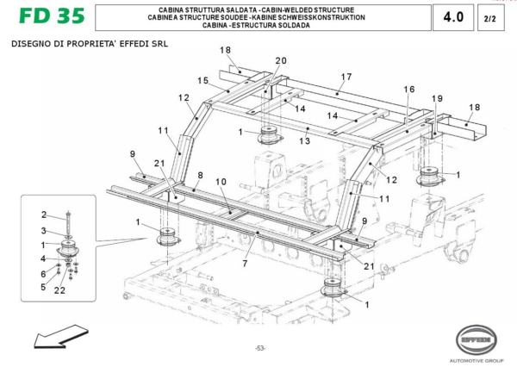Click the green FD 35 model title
(x=47, y=17)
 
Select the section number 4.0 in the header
(x=453, y=17)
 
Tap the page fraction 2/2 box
(x=489, y=17)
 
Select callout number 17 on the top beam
(x=346, y=77)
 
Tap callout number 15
(x=203, y=80)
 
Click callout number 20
(x=280, y=60)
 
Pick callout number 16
(x=408, y=90)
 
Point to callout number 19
(x=437, y=98)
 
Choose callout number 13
(x=304, y=140)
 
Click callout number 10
(x=221, y=182)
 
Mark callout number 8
(x=199, y=174)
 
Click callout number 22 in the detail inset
(x=59, y=290)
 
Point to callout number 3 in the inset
(x=44, y=231)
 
